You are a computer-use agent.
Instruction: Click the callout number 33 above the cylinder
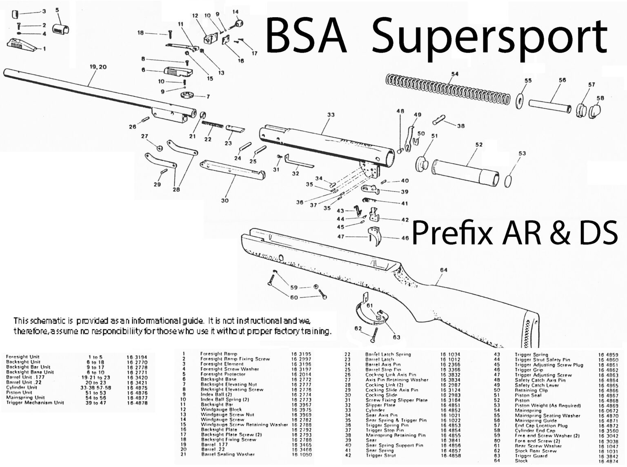click(x=331, y=115)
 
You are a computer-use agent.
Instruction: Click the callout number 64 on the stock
click(x=443, y=270)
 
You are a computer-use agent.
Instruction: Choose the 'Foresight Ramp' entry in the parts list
click(x=218, y=354)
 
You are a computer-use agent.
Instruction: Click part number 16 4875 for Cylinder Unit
click(x=137, y=387)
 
